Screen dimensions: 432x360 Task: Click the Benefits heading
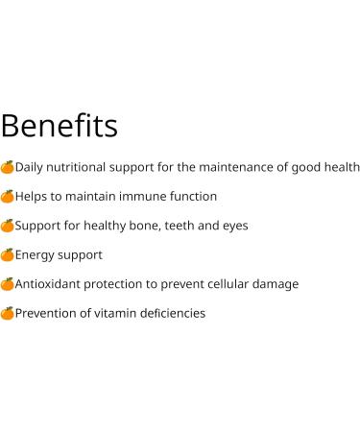[59, 126]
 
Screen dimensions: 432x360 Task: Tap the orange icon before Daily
[8, 167]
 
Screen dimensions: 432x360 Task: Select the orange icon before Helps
[8, 196]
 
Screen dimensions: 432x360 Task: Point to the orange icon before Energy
[8, 254]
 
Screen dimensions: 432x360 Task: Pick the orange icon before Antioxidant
[8, 284]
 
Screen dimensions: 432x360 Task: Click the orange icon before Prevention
[8, 313]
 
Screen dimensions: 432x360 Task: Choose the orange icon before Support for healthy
[8, 226]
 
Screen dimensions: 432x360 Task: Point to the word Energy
[36, 255]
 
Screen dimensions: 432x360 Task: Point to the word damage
[276, 285]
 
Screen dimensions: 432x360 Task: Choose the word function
[191, 196]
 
